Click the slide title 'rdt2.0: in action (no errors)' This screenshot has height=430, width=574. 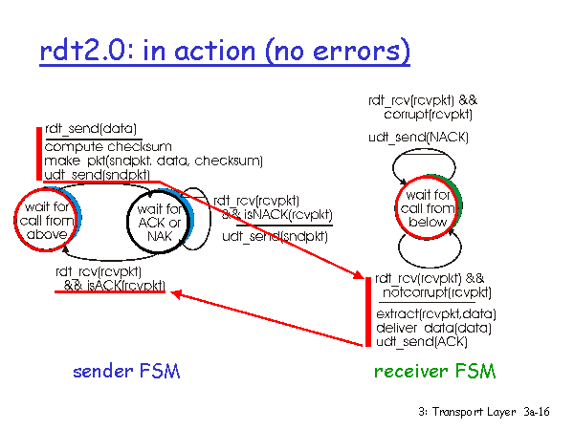point(225,51)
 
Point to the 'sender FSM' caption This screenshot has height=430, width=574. point(126,371)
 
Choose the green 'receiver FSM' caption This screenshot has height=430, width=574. point(435,371)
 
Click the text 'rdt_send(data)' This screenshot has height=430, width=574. point(91,129)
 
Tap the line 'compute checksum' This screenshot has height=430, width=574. point(108,146)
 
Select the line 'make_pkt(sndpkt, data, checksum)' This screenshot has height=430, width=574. point(154,161)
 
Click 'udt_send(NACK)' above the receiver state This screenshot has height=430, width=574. point(418,138)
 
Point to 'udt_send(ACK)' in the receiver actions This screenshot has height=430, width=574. point(422,341)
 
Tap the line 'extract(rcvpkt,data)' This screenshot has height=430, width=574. point(436,314)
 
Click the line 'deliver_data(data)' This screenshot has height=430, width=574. point(433,328)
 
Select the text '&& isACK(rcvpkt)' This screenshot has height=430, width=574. point(115,285)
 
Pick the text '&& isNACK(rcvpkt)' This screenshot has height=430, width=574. point(277,215)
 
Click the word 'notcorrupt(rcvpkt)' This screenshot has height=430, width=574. point(437,292)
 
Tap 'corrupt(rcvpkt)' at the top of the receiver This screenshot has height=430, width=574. point(428,115)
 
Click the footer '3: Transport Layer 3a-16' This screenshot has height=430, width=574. point(484,412)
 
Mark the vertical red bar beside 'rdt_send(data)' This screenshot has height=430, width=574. point(39,154)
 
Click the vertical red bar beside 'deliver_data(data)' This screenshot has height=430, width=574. point(368,312)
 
